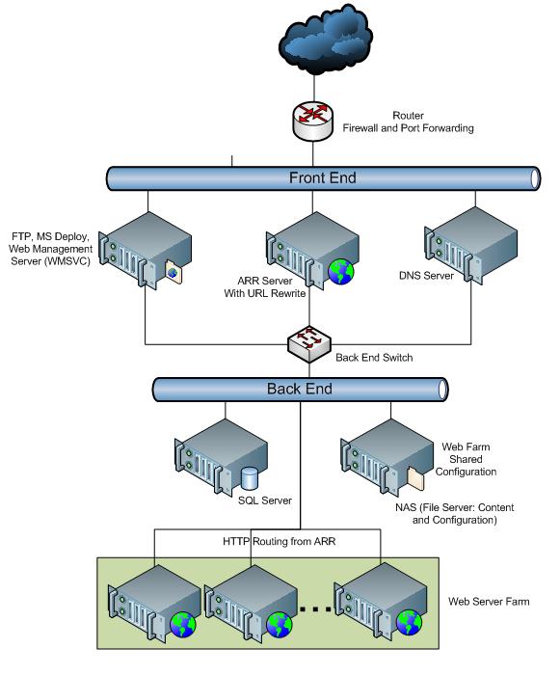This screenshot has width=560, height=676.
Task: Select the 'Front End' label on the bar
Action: [x=322, y=177]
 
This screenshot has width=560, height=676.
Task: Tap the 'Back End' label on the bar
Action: [x=299, y=390]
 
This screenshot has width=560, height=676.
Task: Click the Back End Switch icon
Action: [x=309, y=341]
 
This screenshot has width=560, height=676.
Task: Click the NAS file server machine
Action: [x=380, y=455]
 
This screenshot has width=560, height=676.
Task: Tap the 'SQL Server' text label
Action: [x=264, y=500]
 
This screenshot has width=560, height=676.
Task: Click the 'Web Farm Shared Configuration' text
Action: [x=468, y=460]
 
